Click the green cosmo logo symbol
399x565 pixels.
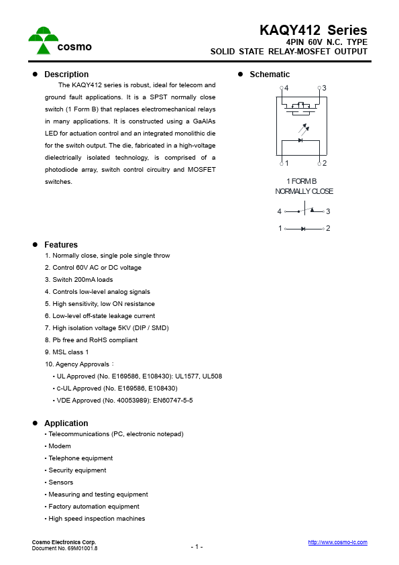pyautogui.click(x=42, y=40)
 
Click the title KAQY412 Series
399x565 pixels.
pyautogui.click(x=313, y=30)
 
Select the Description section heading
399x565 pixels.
pyautogui.click(x=66, y=74)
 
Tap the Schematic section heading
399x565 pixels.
pyautogui.click(x=270, y=74)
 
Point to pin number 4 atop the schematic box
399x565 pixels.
pyautogui.click(x=286, y=89)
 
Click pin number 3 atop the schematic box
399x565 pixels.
pyautogui.click(x=324, y=89)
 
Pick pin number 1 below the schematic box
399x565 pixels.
pyautogui.click(x=286, y=164)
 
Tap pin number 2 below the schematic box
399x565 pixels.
pyautogui.click(x=324, y=164)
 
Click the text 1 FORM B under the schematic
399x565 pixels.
pyautogui.click(x=301, y=181)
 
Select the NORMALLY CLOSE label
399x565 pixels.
pyautogui.click(x=304, y=191)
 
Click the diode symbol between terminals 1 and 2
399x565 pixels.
pyautogui.click(x=304, y=229)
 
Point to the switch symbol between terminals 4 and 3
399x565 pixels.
pyautogui.click(x=305, y=211)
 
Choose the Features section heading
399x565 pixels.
pyautogui.click(x=61, y=245)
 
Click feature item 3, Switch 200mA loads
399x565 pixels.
pyautogui.click(x=78, y=280)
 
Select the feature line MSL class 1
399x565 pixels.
pyautogui.click(x=66, y=352)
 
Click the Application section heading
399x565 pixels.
pyautogui.click(x=66, y=423)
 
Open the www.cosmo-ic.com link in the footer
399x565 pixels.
pyautogui.click(x=337, y=542)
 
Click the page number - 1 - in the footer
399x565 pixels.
pyautogui.click(x=196, y=547)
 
